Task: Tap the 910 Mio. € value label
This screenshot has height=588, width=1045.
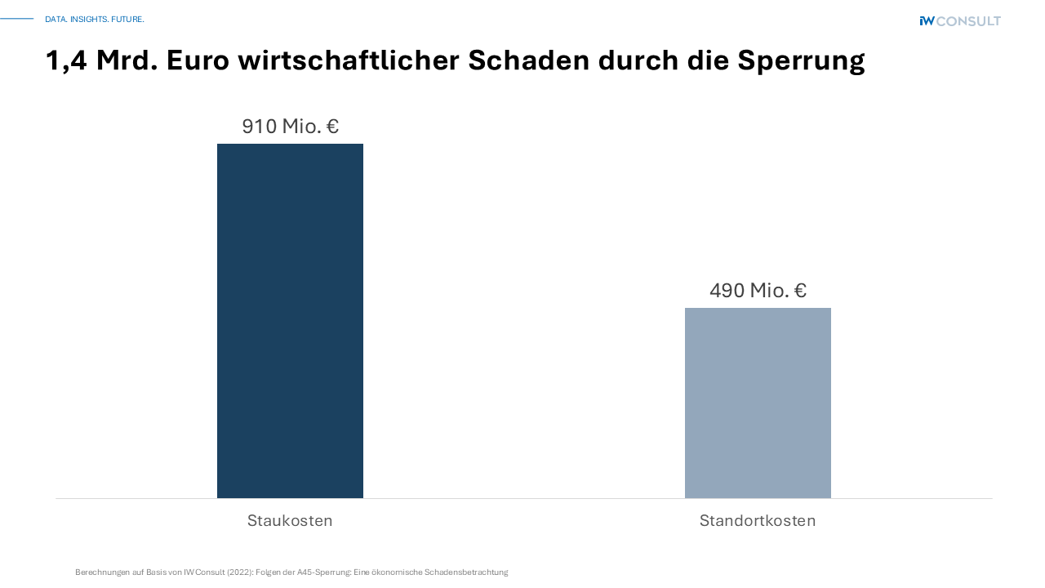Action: [290, 127]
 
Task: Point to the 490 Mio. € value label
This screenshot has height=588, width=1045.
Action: [758, 291]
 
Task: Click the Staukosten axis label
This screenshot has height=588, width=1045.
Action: [290, 521]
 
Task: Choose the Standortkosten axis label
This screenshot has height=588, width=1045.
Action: [758, 521]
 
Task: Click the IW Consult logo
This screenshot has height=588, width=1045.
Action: [959, 21]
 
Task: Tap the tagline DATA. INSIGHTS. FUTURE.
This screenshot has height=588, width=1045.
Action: [95, 19]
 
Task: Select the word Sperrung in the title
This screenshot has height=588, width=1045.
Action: [801, 60]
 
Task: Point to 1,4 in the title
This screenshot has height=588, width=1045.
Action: [66, 61]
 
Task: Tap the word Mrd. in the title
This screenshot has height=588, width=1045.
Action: [127, 60]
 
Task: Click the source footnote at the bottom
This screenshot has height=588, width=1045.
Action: [291, 572]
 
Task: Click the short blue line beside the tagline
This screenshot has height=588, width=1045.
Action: [16, 19]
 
